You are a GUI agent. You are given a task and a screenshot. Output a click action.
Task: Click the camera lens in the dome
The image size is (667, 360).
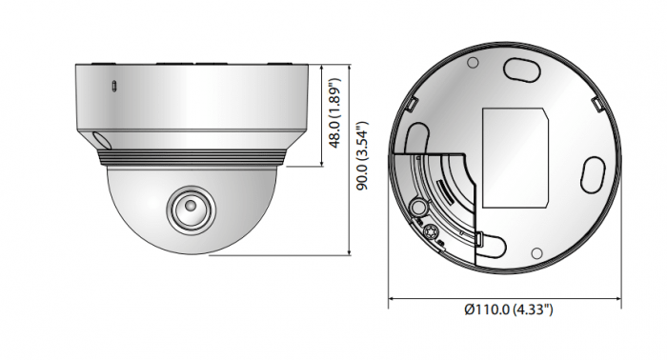(191, 208)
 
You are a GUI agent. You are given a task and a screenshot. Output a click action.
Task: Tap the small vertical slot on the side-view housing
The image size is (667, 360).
(113, 86)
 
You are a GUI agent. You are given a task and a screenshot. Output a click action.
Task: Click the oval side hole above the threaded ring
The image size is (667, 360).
(101, 139)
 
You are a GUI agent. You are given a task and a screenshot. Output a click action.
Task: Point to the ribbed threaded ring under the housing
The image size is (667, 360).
(192, 157)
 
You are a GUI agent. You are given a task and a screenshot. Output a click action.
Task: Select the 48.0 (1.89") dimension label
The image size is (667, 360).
(335, 113)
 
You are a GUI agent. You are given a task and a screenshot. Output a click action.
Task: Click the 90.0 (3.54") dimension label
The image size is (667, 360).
(362, 155)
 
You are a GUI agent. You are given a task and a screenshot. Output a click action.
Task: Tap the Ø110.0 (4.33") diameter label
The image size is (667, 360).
(509, 310)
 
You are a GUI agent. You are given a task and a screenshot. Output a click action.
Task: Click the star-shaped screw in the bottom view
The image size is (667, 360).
(429, 231)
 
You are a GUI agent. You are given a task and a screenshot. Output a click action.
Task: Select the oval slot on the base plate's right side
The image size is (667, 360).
(593, 174)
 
